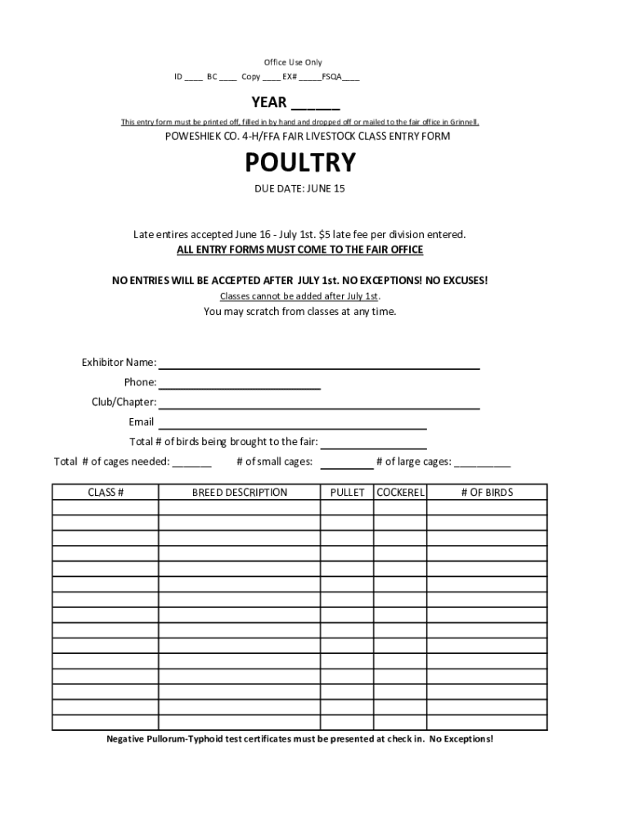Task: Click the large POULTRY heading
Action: pos(301,163)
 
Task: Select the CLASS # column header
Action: pos(106,492)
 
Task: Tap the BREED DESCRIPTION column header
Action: pos(240,492)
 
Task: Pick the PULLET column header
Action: pos(347,492)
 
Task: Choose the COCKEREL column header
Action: pos(400,492)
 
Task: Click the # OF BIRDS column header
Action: pos(487,492)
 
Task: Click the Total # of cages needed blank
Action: pos(192,465)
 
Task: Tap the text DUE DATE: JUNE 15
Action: pos(301,189)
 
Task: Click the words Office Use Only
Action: pos(293,62)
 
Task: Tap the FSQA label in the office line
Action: pos(331,77)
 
